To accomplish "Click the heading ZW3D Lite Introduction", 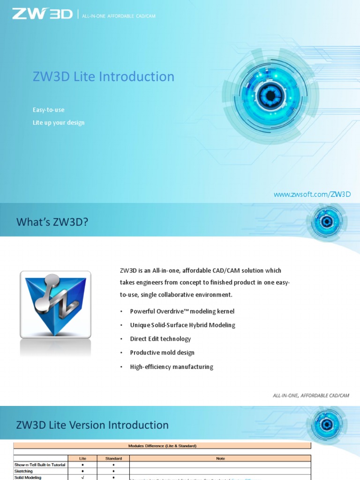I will [103, 77].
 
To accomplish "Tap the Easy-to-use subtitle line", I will [48, 110].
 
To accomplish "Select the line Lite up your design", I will [58, 123].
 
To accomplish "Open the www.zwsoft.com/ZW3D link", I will [312, 194].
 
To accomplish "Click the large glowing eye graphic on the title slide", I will [270, 97].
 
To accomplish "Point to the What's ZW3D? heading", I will [52, 222].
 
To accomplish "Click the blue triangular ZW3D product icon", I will [55, 305].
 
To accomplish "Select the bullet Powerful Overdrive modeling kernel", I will [182, 311].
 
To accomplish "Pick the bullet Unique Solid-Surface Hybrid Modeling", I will [182, 325].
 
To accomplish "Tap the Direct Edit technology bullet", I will [160, 339].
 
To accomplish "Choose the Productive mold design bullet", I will [162, 352].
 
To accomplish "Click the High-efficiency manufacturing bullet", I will [171, 367].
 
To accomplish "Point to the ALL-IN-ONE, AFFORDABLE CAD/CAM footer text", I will [311, 396].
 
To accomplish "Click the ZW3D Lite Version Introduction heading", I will [92, 425].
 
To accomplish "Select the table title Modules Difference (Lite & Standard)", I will [162, 445].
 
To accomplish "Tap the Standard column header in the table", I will [113, 458].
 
